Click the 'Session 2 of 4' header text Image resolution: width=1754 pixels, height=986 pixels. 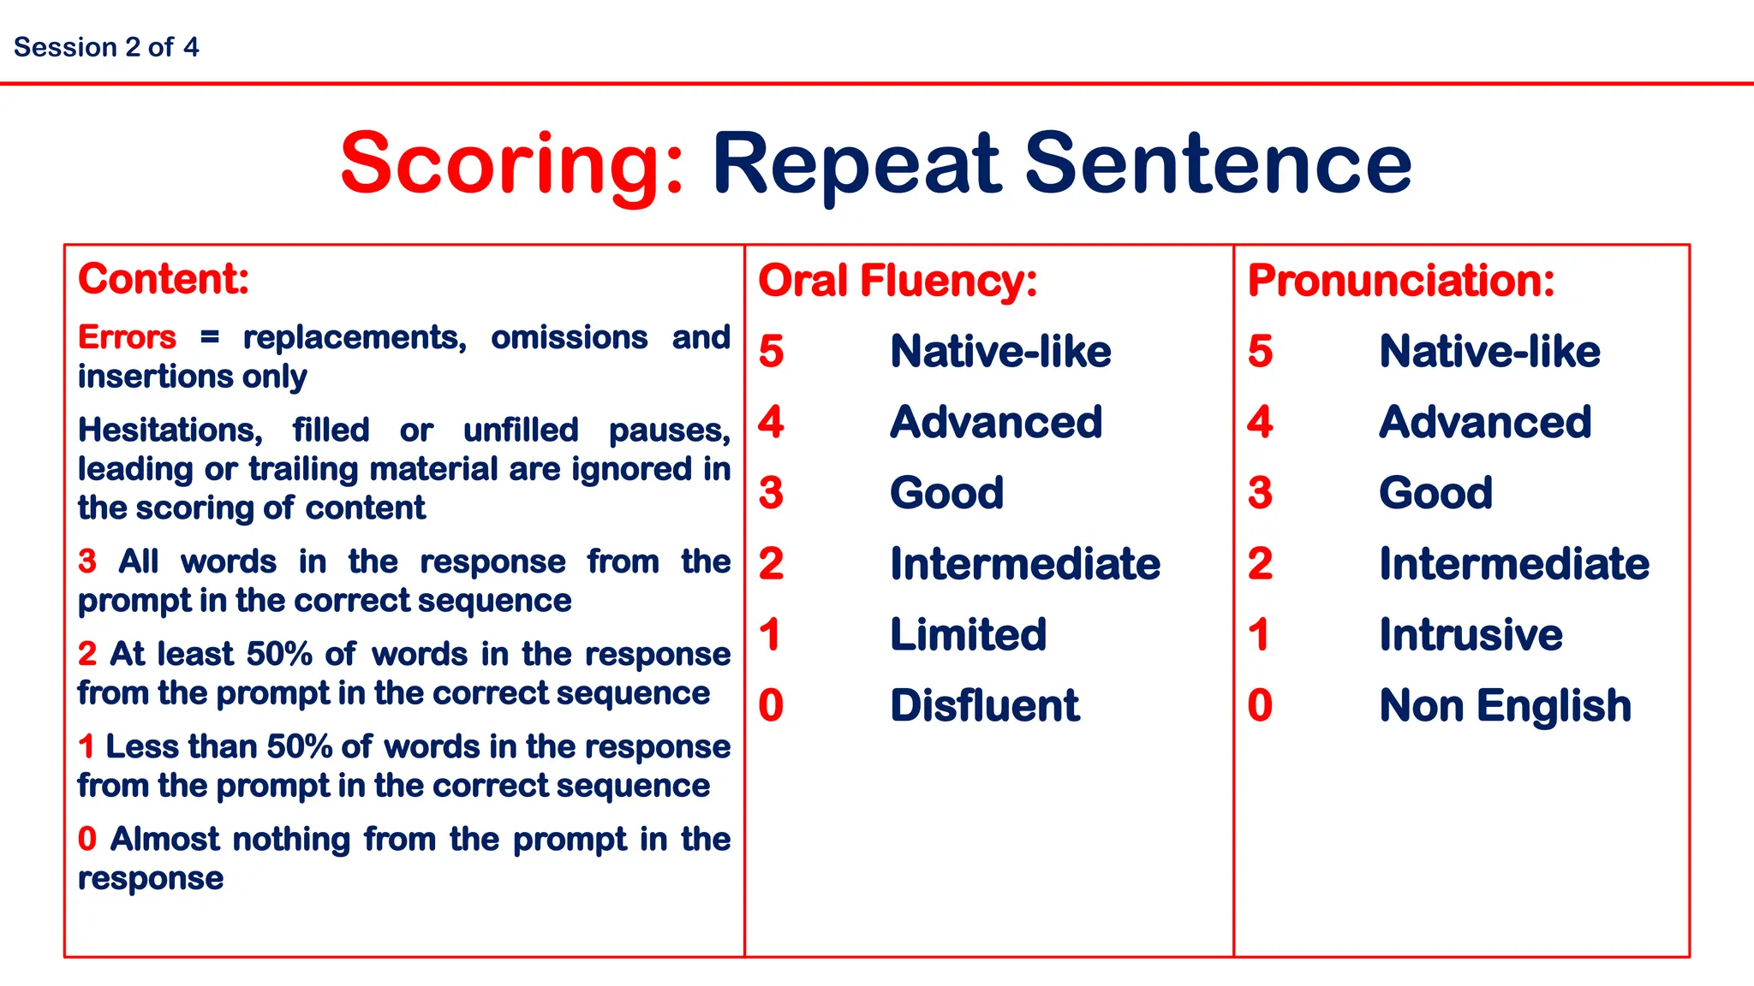point(106,47)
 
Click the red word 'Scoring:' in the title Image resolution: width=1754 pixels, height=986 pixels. point(512,163)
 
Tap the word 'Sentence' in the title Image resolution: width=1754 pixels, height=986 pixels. point(1217,163)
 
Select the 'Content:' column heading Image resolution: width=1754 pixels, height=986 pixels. point(164,279)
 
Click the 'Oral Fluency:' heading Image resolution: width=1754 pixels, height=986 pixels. point(898,281)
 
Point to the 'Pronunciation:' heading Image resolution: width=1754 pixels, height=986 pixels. point(1401,281)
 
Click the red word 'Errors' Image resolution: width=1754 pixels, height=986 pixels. point(127,337)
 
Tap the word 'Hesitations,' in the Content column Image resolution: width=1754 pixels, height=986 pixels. point(170,430)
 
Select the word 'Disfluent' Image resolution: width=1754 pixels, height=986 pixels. point(985,705)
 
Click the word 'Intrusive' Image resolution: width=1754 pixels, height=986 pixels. point(1471,634)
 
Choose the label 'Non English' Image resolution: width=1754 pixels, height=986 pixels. point(1505,705)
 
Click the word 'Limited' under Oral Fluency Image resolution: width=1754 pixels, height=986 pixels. point(969,634)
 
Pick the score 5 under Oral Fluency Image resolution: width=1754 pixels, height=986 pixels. point(771,351)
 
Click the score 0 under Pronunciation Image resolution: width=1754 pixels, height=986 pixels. point(1260,705)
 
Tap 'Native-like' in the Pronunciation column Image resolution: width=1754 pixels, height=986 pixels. point(1489,351)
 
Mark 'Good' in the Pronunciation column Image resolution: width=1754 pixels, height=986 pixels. point(1435,493)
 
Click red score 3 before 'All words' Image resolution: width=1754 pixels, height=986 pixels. point(87,561)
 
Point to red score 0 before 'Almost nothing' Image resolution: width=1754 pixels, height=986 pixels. point(87,839)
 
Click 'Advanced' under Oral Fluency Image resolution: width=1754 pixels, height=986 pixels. point(996,422)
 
